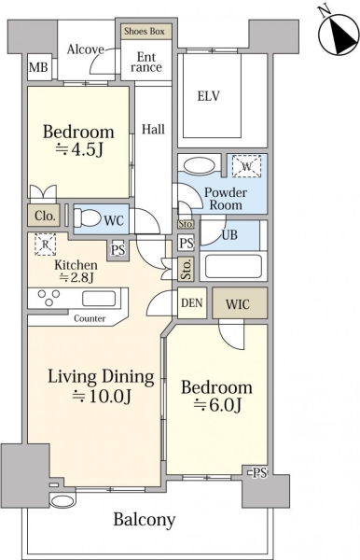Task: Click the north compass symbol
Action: pos(339,33)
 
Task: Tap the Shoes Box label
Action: pos(145,32)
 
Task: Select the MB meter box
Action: pos(38,67)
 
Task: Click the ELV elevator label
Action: pos(208,96)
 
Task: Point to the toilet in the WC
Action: pos(87,217)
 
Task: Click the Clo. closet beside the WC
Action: pos(45,216)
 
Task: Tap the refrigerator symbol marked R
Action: pos(46,245)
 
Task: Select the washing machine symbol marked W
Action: pos(246,166)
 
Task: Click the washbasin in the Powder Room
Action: pos(200,166)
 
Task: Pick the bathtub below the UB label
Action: pos(233,266)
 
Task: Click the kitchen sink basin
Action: pos(99,299)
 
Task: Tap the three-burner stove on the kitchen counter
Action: pos(49,298)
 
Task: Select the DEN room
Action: pos(192,302)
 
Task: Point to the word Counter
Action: pos(90,318)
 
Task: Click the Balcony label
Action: pos(145,520)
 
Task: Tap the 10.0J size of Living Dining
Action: pos(102,396)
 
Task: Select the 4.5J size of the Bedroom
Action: pos(79,150)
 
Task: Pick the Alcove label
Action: pos(86,49)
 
